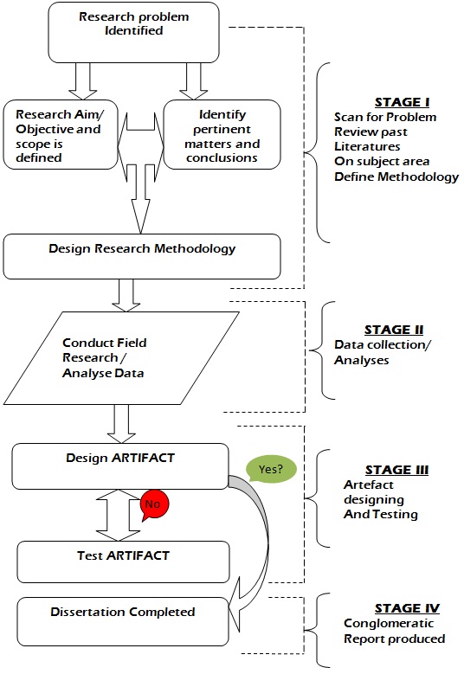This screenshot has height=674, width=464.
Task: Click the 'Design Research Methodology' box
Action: tap(142, 250)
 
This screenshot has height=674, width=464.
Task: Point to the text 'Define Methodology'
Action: tap(396, 176)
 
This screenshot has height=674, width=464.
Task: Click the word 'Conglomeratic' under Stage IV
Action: tap(377, 624)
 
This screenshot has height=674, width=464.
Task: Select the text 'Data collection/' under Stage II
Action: tap(377, 346)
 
